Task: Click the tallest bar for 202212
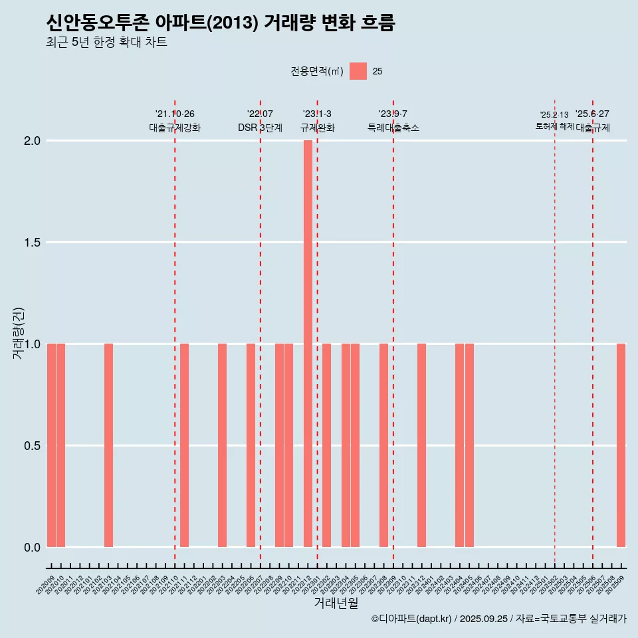pyautogui.click(x=308, y=343)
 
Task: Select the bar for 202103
pyautogui.click(x=108, y=445)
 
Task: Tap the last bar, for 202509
pyautogui.click(x=621, y=445)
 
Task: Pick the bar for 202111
pyautogui.click(x=184, y=445)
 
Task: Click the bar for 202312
pyautogui.click(x=421, y=445)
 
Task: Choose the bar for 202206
pyautogui.click(x=251, y=445)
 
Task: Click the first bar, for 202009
pyautogui.click(x=51, y=445)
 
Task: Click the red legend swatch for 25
pyautogui.click(x=358, y=71)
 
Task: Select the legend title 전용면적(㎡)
pyautogui.click(x=317, y=71)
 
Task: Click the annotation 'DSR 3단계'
pyautogui.click(x=260, y=128)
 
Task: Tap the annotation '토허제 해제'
pyautogui.click(x=554, y=126)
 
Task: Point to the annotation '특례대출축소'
pyautogui.click(x=393, y=128)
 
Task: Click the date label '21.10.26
pyautogui.click(x=175, y=114)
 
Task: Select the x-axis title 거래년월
pyautogui.click(x=336, y=603)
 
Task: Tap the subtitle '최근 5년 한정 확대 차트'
pyautogui.click(x=106, y=43)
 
